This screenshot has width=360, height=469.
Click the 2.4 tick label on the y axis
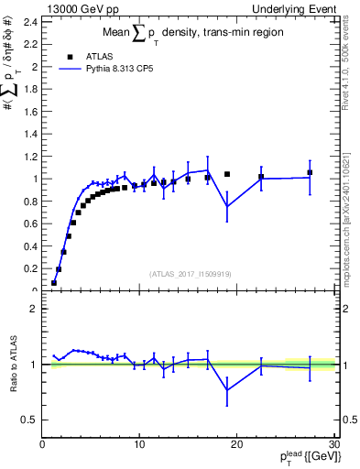tap(29, 22)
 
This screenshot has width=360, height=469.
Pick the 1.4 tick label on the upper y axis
tap(29, 134)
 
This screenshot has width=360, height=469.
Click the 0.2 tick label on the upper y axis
tap(29, 268)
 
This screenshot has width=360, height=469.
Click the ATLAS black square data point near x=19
tap(227, 174)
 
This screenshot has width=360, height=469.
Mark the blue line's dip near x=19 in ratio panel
tap(227, 390)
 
